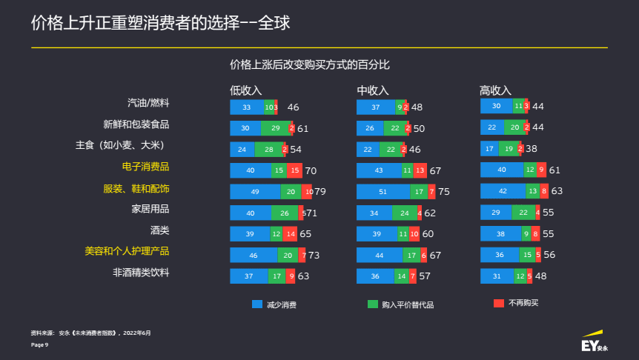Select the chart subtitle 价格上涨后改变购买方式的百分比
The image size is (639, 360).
coord(310,64)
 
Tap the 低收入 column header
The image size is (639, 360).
coord(246,90)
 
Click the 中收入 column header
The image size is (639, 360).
coord(373,90)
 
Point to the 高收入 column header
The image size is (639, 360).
coord(496,90)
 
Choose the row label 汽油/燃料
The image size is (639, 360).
coord(149,103)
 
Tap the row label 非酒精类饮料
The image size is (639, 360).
coord(141,273)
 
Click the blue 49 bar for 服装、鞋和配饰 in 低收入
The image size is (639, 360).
coord(255,192)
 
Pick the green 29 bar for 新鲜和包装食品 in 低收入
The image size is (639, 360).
coord(275,128)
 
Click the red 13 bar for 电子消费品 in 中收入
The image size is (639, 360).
coord(421,170)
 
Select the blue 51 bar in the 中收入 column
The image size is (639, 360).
coord(383,192)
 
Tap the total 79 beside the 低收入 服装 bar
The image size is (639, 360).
coord(320,192)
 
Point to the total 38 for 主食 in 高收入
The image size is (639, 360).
coord(532,149)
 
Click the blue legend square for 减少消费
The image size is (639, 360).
coord(257,304)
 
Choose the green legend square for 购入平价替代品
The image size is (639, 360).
coord(373,304)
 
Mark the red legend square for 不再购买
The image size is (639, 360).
coord(498,303)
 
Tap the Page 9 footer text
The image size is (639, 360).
coord(40,345)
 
